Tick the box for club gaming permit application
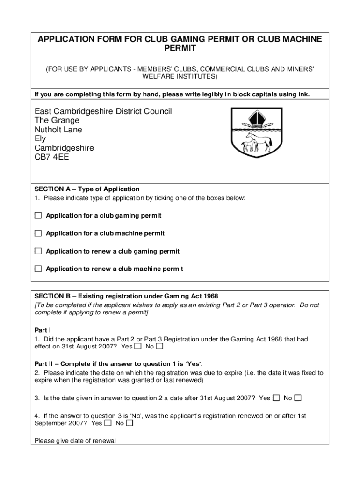tap(38, 216)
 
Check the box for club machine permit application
tap(38, 233)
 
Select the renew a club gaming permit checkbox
tap(38, 251)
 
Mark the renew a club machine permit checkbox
tap(38, 269)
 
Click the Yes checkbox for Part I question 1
tap(138, 347)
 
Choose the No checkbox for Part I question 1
tap(159, 347)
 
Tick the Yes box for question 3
tap(276, 398)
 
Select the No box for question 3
tap(298, 398)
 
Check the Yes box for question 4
tap(108, 423)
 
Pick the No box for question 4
tap(130, 423)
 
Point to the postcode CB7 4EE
tap(51, 157)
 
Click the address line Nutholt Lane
tap(58, 130)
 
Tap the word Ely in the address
tap(40, 139)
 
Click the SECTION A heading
tap(87, 189)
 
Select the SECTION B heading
tap(126, 296)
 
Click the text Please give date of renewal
tap(75, 441)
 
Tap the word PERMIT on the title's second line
tap(180, 49)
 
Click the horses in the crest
tap(257, 142)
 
